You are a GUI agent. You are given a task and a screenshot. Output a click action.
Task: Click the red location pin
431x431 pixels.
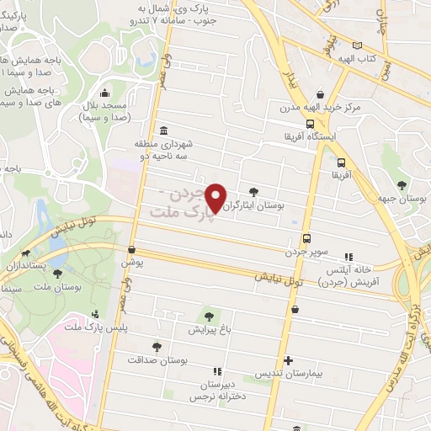(x=216, y=197)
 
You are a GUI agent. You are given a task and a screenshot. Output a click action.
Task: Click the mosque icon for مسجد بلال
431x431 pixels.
(x=104, y=93)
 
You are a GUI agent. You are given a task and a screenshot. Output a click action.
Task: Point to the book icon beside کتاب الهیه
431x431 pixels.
(x=359, y=45)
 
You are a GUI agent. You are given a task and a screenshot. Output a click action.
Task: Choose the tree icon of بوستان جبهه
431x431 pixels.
(x=402, y=185)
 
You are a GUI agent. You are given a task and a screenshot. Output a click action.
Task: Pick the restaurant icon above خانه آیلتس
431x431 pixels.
(x=349, y=257)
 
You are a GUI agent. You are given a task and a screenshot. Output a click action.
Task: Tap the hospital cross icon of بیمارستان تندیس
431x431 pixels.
(x=288, y=359)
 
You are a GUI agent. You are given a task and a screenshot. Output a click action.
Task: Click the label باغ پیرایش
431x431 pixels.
(x=209, y=329)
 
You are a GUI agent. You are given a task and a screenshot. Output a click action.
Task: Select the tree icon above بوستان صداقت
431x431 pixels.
(x=157, y=346)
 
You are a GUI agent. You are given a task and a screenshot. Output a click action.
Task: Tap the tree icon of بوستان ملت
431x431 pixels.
(x=57, y=273)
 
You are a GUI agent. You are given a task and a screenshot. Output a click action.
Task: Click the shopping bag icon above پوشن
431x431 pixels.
(x=131, y=249)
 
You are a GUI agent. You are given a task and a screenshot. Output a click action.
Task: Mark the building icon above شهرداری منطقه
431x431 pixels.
(x=162, y=131)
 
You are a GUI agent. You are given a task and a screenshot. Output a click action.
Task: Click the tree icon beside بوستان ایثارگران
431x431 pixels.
(x=254, y=191)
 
